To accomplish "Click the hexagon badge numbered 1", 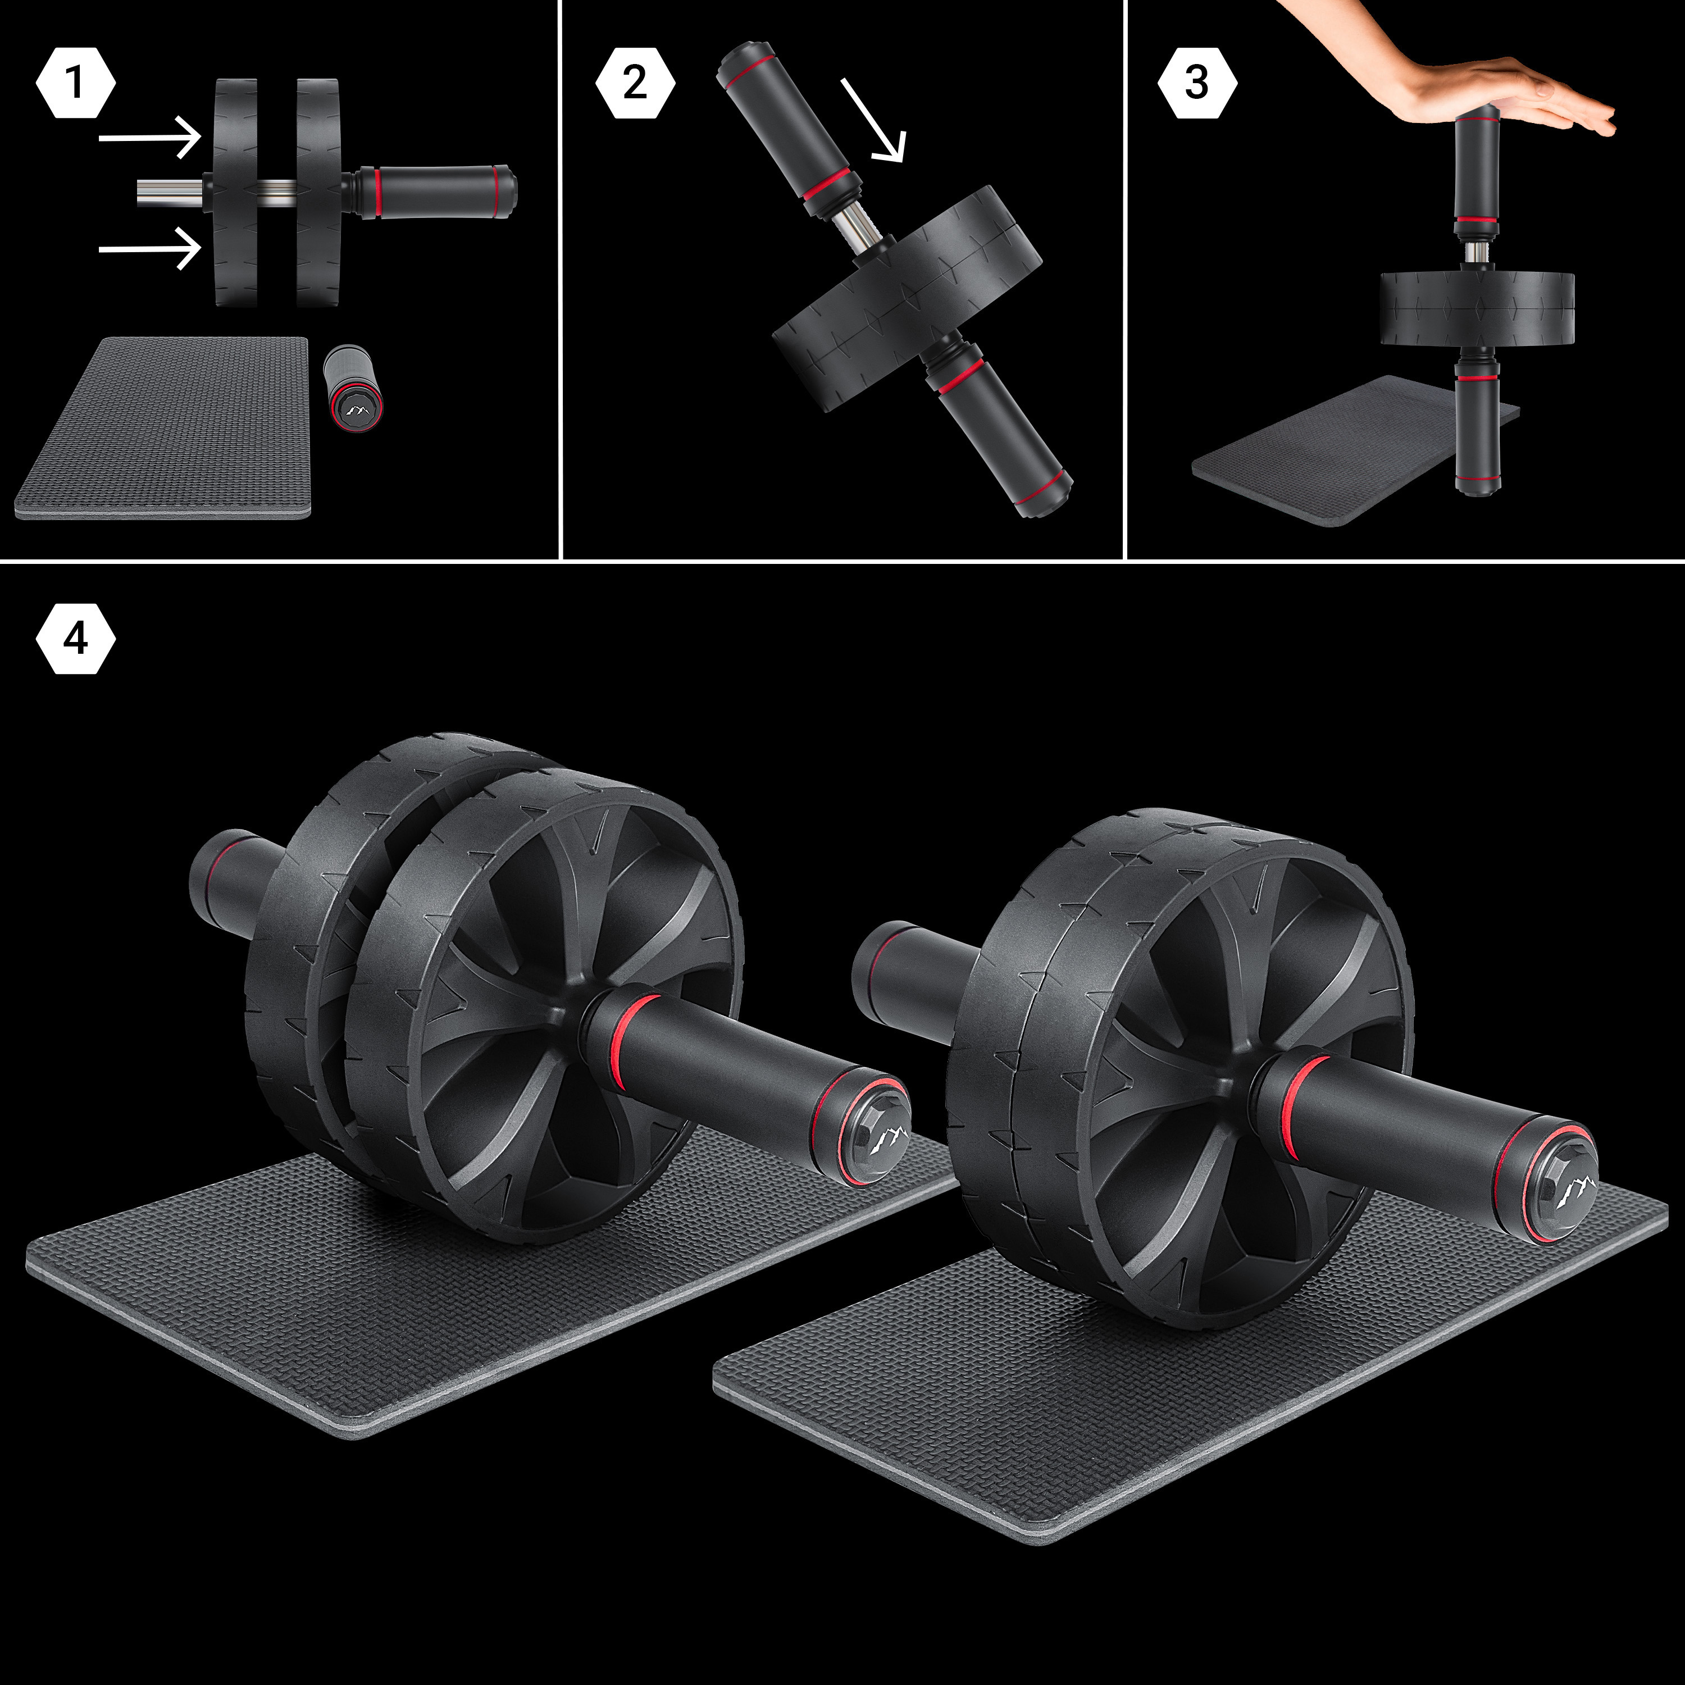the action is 76,84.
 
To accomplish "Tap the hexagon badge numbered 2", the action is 635,84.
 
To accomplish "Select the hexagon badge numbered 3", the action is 1196,84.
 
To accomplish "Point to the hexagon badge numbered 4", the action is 76,639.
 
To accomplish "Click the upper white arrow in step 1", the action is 150,138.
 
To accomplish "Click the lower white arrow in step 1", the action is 150,249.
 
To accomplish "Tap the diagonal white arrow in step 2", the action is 874,120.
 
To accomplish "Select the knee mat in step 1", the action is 163,428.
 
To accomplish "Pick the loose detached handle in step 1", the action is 353,389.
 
